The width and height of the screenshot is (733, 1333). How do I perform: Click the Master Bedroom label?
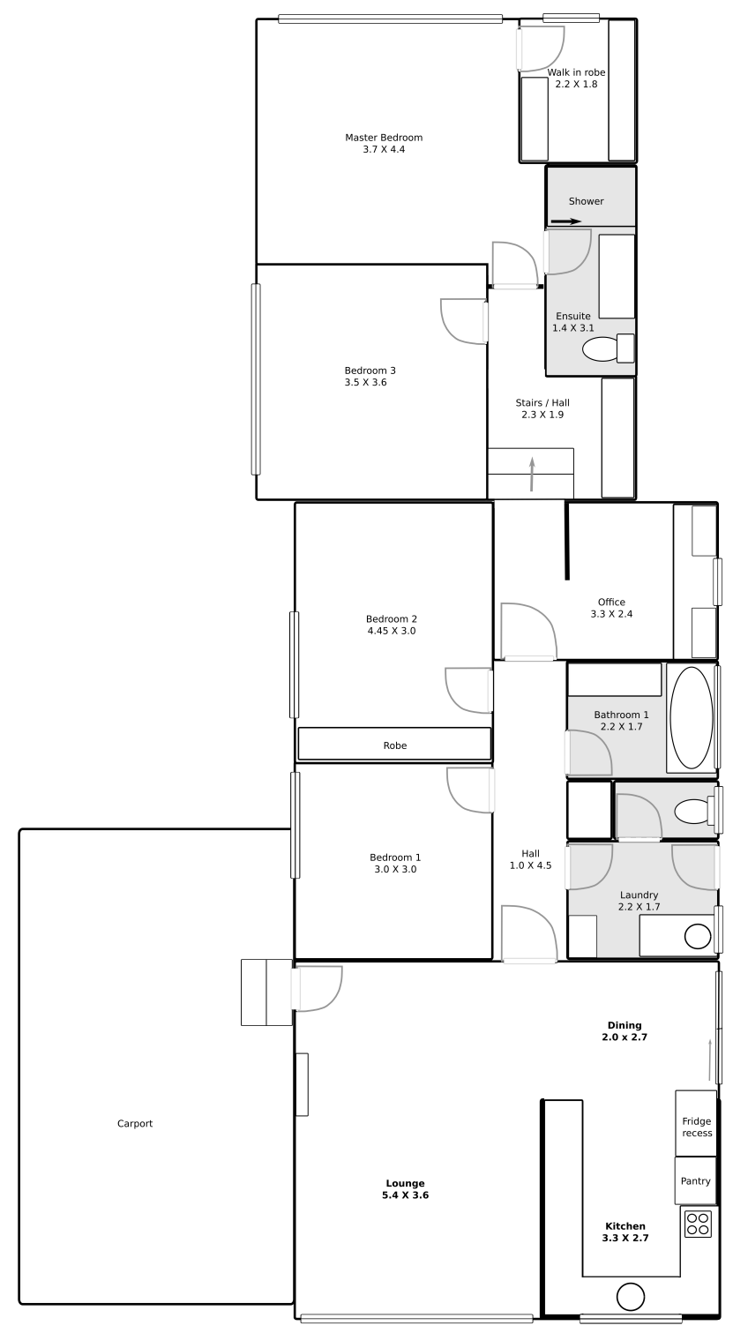click(384, 138)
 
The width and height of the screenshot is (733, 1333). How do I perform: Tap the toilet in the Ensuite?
click(608, 348)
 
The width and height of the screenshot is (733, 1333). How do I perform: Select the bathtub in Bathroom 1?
click(691, 717)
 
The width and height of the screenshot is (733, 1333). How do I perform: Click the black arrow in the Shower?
click(565, 222)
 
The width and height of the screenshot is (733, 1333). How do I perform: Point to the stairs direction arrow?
click(532, 475)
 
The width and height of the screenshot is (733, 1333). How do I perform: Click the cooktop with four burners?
click(698, 1224)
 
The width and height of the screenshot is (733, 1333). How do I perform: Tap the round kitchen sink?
click(630, 1298)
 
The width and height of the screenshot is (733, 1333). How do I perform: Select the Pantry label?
click(696, 1181)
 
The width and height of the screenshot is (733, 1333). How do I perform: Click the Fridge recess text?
click(697, 1127)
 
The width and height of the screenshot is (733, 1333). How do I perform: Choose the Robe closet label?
click(395, 745)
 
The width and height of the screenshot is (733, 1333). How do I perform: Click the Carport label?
click(135, 1124)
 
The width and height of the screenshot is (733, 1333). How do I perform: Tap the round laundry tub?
click(698, 936)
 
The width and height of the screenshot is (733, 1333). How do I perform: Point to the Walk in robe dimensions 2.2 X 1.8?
click(577, 84)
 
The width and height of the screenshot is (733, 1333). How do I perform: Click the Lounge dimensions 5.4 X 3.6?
click(405, 1195)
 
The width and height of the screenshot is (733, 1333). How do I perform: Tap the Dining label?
click(625, 1025)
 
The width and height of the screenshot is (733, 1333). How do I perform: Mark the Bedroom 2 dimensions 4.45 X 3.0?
click(392, 631)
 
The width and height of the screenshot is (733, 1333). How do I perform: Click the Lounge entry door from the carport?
click(317, 988)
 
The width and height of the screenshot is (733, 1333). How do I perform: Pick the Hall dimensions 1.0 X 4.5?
click(531, 865)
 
